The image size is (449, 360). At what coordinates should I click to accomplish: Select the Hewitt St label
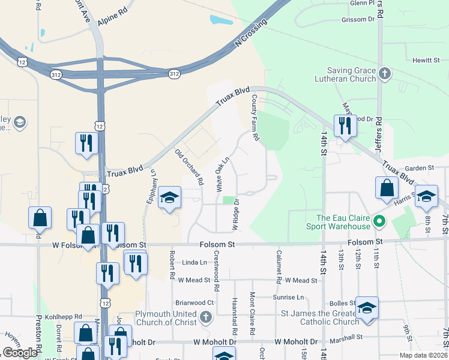(x=427, y=60)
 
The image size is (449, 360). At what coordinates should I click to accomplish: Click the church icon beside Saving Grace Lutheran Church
(x=385, y=74)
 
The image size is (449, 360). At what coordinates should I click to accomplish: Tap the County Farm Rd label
(x=255, y=118)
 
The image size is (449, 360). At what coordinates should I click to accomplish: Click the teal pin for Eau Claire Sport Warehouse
(x=379, y=222)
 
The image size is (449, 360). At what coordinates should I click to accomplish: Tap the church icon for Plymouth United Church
(x=206, y=317)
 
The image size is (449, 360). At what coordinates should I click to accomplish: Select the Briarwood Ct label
(x=194, y=303)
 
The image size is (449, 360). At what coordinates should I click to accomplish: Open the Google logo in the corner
(x=20, y=353)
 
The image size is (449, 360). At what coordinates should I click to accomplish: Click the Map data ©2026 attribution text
(x=424, y=355)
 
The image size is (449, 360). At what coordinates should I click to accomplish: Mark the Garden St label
(x=419, y=168)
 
